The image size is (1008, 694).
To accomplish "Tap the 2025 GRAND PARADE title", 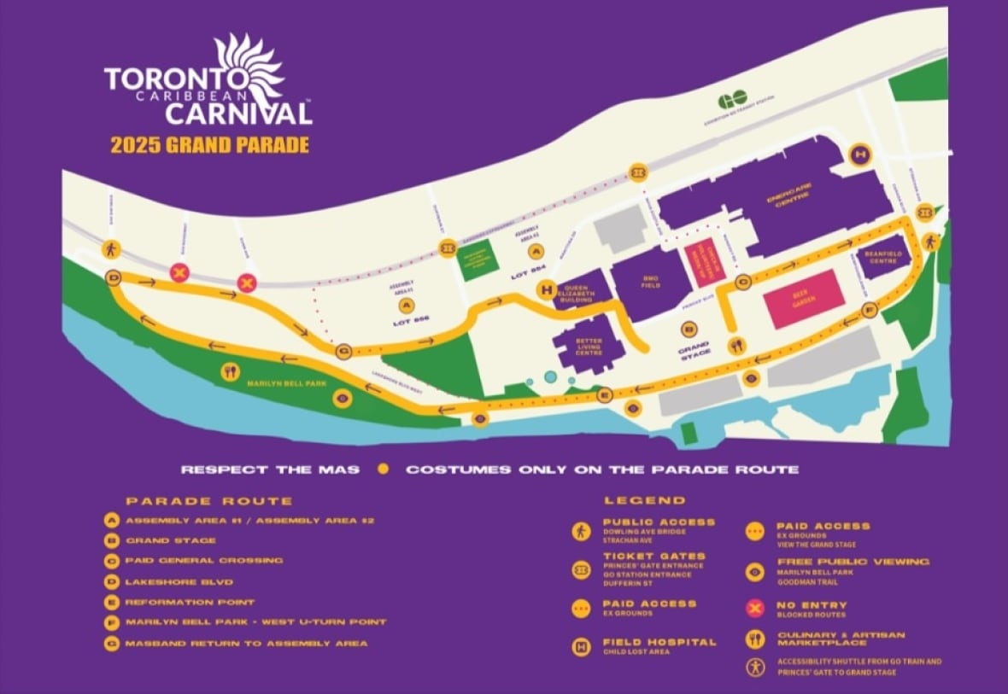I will (208, 144).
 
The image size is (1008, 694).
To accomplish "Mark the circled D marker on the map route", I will (114, 277).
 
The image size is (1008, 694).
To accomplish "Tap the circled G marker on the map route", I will (344, 350).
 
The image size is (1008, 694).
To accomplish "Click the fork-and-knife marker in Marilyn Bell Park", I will (228, 370).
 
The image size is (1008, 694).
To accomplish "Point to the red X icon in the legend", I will (755, 607).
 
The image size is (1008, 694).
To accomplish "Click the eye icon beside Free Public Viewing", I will (755, 570).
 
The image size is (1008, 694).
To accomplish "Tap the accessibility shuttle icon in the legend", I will (755, 667).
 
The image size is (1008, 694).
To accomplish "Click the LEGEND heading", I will (644, 500).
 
